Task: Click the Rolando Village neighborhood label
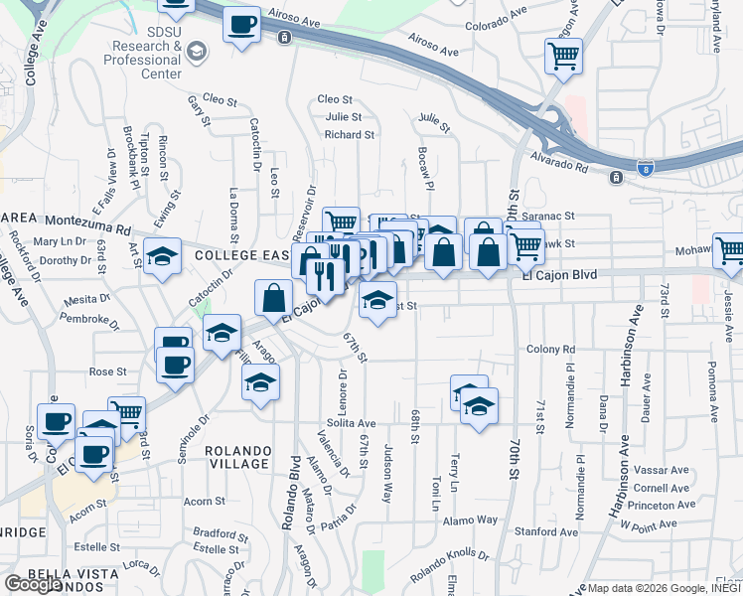tap(236, 457)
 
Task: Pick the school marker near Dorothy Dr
tap(162, 257)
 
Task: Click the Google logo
tap(33, 584)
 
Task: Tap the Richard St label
tap(349, 134)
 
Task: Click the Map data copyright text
tap(659, 587)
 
